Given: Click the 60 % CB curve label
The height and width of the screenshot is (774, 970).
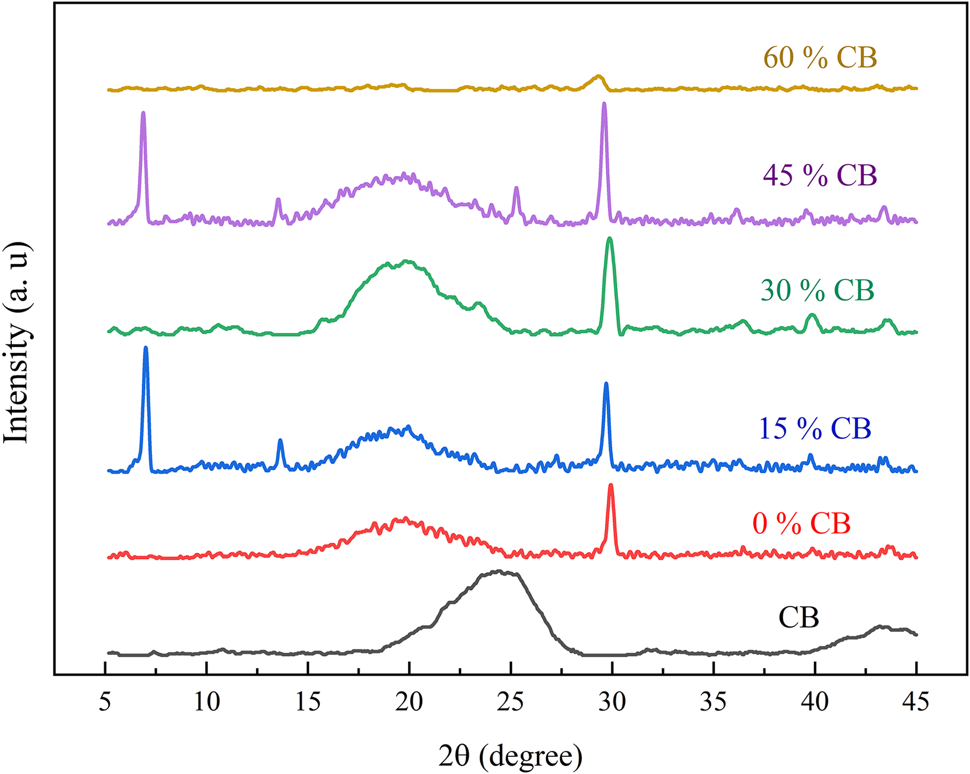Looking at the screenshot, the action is click(x=820, y=58).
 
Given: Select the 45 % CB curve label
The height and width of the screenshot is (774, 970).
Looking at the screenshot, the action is click(x=820, y=176).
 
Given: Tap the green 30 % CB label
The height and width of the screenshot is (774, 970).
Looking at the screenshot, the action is click(x=817, y=290).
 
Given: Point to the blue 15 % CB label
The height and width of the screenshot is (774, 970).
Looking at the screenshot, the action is click(x=815, y=429).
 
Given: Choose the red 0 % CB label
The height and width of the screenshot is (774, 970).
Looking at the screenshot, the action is click(x=801, y=523).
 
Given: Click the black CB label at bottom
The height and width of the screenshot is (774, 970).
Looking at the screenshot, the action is click(x=799, y=617).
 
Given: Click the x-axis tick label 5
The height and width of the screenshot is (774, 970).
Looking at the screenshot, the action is click(x=105, y=702).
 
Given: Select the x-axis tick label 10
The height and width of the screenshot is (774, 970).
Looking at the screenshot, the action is click(x=206, y=702).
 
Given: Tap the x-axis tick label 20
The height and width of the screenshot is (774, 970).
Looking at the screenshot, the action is click(x=409, y=702).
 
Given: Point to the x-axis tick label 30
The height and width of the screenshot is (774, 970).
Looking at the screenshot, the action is click(x=612, y=702).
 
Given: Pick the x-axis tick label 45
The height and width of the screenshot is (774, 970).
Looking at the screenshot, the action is click(x=916, y=702).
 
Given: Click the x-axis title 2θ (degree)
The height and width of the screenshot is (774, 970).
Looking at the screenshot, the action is click(x=510, y=756).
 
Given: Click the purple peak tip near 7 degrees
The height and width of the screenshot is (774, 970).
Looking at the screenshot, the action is click(x=143, y=113).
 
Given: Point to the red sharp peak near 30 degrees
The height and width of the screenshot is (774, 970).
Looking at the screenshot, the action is click(x=611, y=485).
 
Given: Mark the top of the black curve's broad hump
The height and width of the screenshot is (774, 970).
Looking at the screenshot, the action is click(x=499, y=571).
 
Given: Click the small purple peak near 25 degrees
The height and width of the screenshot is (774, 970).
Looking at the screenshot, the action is click(x=516, y=188).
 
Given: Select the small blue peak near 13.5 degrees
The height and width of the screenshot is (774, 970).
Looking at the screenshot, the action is click(x=280, y=441).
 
